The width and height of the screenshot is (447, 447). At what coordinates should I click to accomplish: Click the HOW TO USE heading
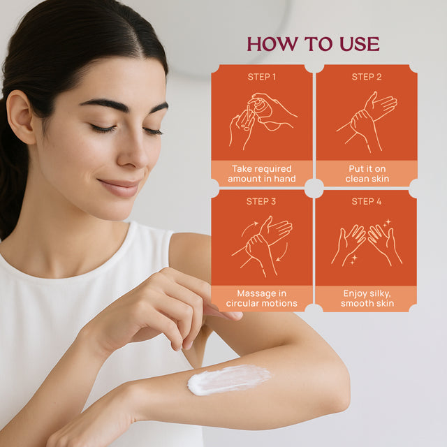pos(313,44)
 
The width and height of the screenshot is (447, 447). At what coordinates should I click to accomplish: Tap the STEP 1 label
pos(262,77)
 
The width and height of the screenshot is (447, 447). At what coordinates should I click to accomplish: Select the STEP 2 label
pos(367,77)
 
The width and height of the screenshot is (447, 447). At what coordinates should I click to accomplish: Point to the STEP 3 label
pos(262,201)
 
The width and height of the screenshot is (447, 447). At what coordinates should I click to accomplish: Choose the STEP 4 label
pos(367,201)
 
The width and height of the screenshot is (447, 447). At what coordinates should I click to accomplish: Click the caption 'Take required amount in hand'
pos(262,174)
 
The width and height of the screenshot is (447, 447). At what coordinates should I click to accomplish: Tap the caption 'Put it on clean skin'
pos(367,174)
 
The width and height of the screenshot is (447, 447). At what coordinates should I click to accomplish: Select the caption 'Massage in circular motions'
pos(262,298)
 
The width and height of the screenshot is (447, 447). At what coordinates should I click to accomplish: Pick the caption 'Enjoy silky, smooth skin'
pos(367,298)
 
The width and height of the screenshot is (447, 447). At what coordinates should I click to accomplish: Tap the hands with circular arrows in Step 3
pos(263,244)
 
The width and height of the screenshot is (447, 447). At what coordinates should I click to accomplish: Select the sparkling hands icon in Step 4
pos(367,244)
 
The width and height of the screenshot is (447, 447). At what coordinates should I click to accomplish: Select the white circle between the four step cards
pos(314,188)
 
